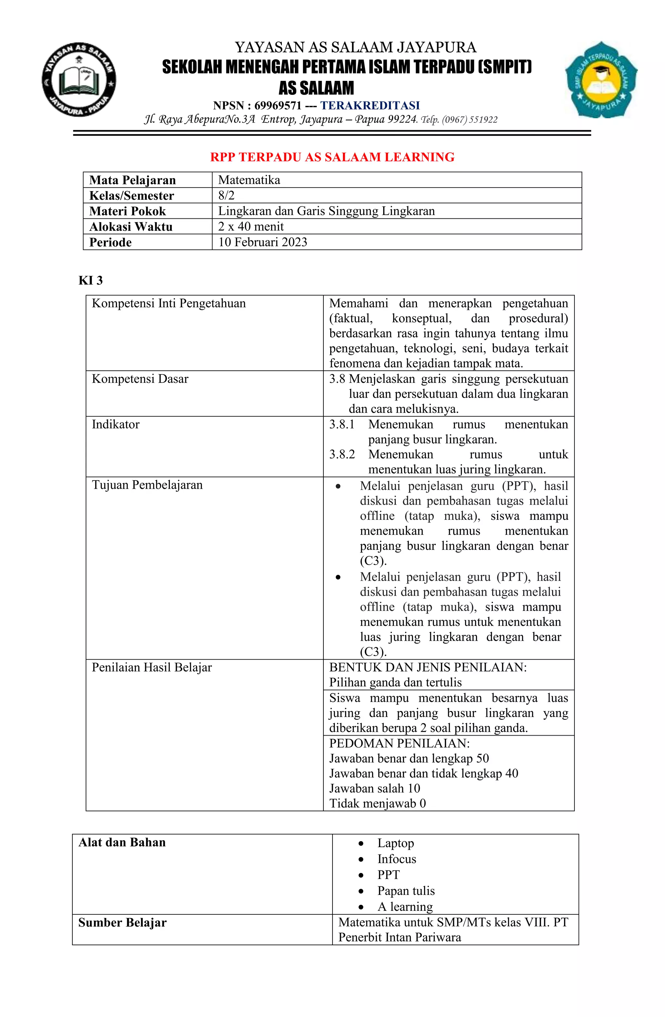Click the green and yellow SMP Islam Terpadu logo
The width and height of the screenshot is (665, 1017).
(x=601, y=80)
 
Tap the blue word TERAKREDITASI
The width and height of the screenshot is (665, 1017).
(x=370, y=106)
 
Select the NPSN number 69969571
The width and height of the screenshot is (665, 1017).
(x=278, y=106)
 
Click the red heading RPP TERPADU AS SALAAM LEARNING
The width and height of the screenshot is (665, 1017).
(x=332, y=157)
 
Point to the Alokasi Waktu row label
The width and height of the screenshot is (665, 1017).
(x=131, y=226)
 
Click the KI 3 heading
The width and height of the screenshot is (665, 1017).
(x=91, y=280)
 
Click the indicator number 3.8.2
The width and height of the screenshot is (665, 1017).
(x=342, y=454)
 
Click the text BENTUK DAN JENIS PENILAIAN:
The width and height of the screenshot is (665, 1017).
(x=428, y=667)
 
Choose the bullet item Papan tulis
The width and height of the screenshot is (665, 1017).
(x=406, y=891)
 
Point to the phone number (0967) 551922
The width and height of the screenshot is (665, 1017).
(x=470, y=120)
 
